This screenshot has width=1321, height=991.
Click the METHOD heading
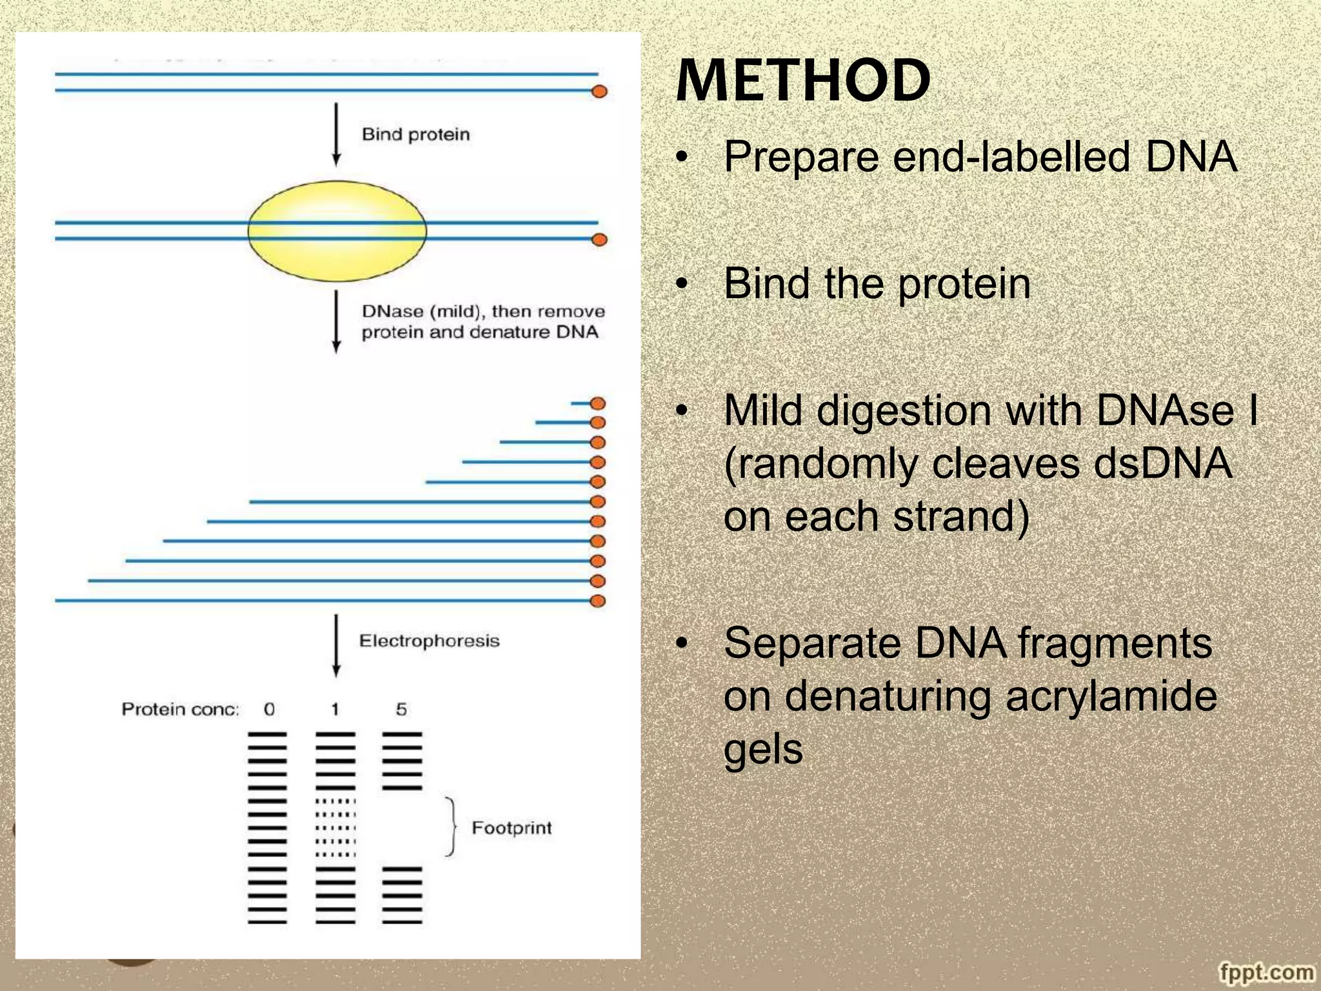point(802,81)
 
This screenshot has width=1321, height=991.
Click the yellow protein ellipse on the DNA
point(337,231)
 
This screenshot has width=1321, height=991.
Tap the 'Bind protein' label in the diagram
point(415,134)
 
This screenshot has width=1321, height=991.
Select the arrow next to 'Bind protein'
point(336,134)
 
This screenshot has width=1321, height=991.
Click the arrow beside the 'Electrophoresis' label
point(336,645)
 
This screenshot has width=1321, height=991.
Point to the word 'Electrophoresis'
point(429,641)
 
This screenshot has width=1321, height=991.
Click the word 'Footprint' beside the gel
point(512,828)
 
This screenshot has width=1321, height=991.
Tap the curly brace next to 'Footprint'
point(452,827)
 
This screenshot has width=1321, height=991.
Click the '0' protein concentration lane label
point(269,709)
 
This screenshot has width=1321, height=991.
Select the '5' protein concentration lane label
point(401,709)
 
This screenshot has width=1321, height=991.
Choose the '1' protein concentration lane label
point(335,709)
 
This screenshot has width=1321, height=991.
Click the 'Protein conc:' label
point(180,709)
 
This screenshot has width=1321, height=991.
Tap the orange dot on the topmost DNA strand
point(599,91)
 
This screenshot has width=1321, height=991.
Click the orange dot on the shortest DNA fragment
point(598,403)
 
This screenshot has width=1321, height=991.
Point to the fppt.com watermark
point(1266,972)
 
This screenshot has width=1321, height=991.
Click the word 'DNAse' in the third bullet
point(1165,410)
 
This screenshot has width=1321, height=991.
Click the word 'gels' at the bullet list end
point(763,749)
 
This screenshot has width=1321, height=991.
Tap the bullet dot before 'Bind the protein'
point(682,284)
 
